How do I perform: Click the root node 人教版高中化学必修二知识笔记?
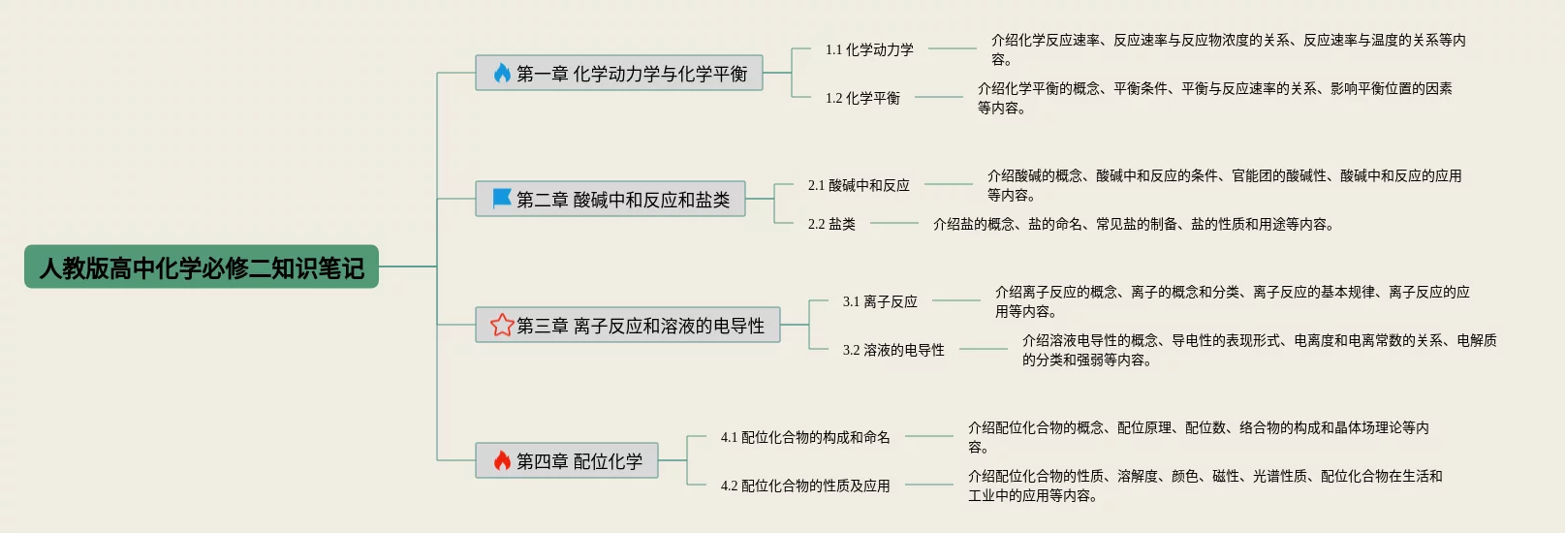pos(202,266)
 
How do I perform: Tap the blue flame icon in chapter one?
pos(502,74)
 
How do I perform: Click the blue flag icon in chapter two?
pos(502,199)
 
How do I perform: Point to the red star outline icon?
pos(502,325)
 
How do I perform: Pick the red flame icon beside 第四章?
pos(502,460)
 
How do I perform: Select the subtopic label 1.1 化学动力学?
pos(869,49)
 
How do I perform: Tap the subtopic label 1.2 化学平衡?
pos(862,98)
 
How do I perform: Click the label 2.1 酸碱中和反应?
pos(859,185)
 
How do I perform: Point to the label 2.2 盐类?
pos(831,224)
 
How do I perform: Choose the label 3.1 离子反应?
pos(880,301)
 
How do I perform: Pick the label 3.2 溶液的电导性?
pos(893,350)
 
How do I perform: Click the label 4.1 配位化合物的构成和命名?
pos(805,437)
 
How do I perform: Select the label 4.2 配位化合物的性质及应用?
pos(805,486)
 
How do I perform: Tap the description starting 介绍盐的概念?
pos(1133,224)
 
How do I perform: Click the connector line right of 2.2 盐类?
pos(893,224)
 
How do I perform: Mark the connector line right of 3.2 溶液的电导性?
pos(983,349)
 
